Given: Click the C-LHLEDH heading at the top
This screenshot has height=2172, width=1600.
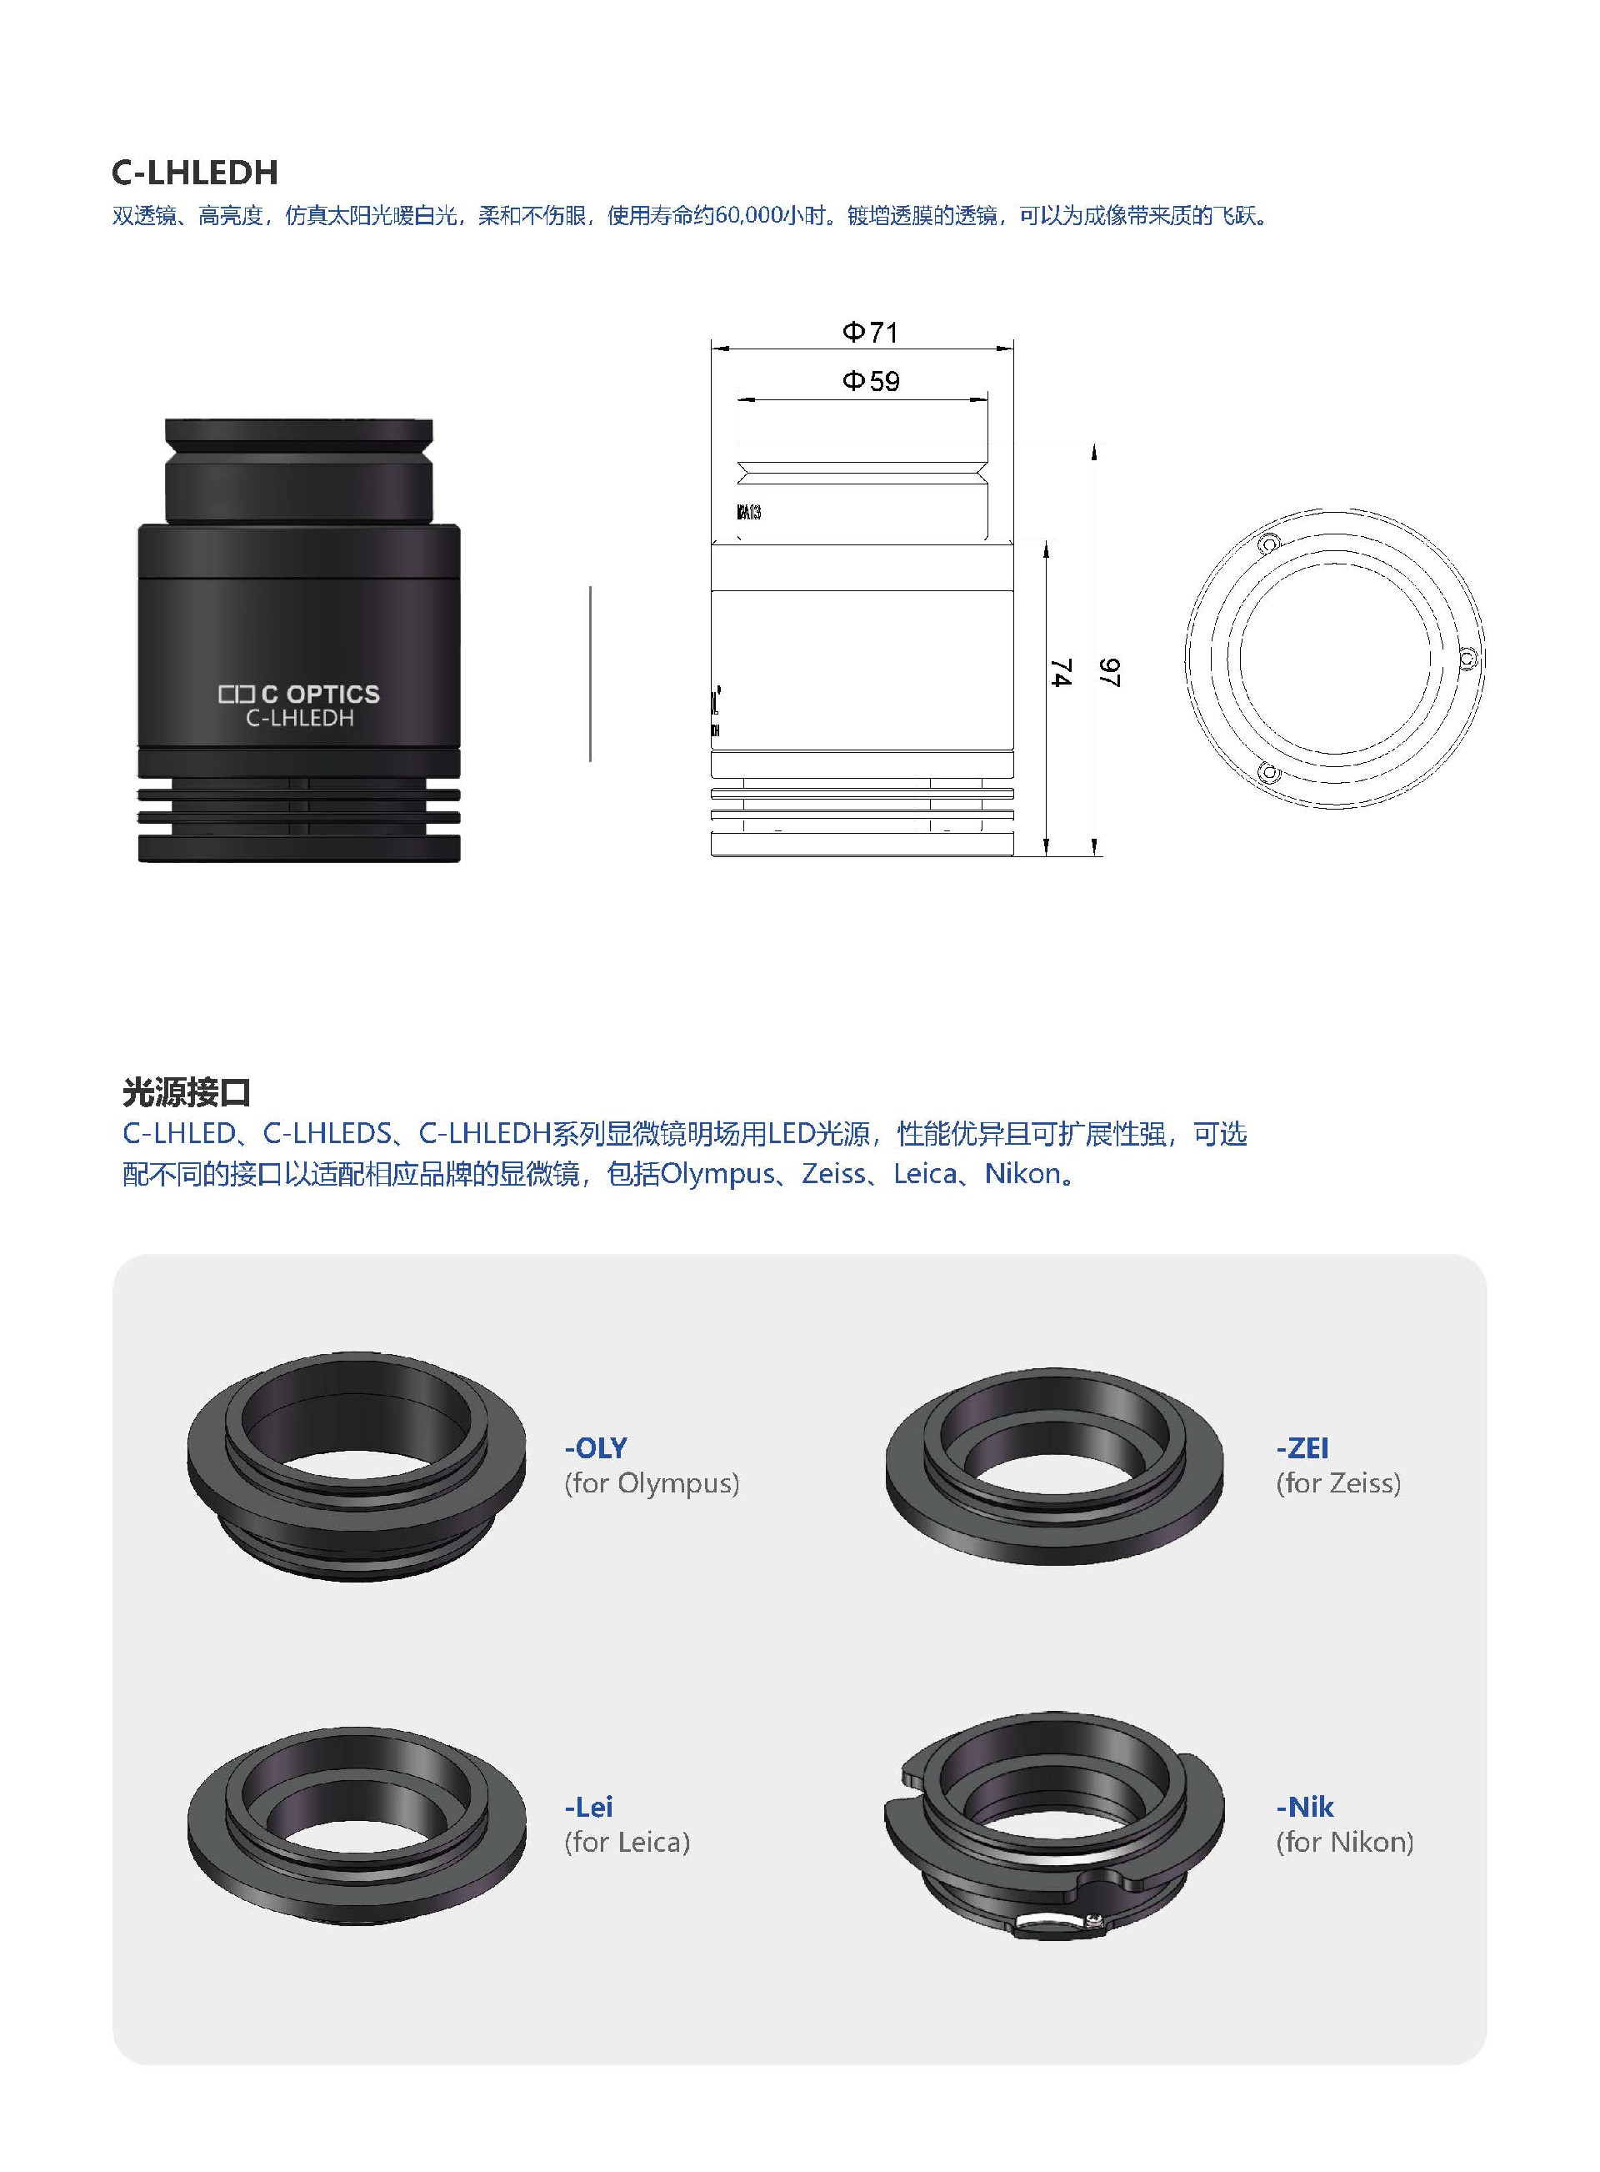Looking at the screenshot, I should [195, 173].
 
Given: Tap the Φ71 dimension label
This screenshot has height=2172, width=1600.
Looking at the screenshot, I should [870, 333].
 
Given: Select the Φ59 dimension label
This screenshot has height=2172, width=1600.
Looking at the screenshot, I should [871, 381].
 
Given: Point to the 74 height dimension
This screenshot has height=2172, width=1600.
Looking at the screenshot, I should [1062, 672].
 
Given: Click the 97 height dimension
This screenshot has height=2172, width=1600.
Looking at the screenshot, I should [1110, 672].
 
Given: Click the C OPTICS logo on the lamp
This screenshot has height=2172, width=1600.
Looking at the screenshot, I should [299, 694].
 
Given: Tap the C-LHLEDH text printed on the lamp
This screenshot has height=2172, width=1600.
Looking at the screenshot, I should [299, 718].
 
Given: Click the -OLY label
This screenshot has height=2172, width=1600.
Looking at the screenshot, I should [596, 1447].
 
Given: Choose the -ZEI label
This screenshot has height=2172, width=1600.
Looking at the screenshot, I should [1302, 1447].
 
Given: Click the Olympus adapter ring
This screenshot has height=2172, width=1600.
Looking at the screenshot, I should [357, 1466].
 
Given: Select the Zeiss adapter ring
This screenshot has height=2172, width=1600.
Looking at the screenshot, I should [1054, 1466].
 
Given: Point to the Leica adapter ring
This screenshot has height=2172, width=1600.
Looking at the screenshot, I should [357, 1824].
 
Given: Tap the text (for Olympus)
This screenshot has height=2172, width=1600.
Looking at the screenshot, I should [652, 1483].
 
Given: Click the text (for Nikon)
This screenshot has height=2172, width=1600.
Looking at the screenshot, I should [1344, 1842].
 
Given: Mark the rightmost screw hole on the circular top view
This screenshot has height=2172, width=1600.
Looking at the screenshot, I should [1467, 660].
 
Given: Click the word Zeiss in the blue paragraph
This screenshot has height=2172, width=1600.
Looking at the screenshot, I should [833, 1174].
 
